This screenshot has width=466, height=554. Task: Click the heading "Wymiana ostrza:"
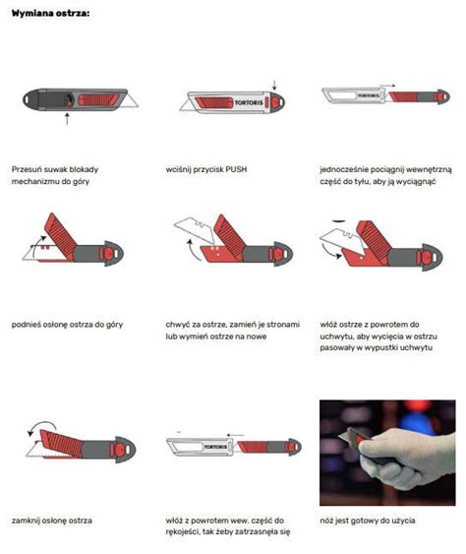(50, 14)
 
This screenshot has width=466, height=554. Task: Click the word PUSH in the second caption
(236, 169)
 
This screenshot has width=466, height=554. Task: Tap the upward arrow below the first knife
(67, 119)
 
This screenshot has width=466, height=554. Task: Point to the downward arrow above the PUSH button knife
(274, 86)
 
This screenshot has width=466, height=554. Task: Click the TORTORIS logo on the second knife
(249, 102)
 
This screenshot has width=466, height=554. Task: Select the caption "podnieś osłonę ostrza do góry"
(67, 325)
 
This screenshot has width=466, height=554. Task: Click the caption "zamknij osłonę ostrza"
(52, 521)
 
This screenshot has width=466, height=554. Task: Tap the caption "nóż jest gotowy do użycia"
(368, 521)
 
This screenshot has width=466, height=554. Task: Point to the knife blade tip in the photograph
(339, 437)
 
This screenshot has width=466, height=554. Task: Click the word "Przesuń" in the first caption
(26, 169)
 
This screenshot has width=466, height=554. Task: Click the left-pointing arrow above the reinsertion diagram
(235, 435)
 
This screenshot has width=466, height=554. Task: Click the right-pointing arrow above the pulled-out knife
(387, 86)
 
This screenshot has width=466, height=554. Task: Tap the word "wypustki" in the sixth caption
(379, 347)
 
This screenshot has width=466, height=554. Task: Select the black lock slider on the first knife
(68, 100)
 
